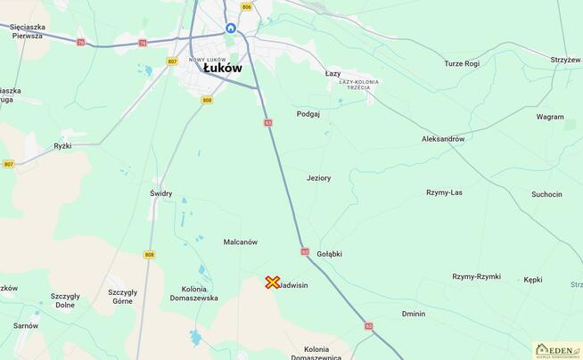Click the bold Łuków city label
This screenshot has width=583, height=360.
point(222,68)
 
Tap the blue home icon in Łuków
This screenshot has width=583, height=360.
point(231,29)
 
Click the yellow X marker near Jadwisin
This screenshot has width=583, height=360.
point(273,282)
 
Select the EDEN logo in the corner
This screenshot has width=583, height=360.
point(557,350)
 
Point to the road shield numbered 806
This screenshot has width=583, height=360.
point(246,7)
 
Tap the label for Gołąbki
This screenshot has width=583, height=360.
point(329,254)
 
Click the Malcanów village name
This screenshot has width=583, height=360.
point(240,242)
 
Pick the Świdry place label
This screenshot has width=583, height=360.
point(160,193)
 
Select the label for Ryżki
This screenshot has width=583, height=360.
point(62,145)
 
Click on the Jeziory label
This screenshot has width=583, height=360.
point(318,178)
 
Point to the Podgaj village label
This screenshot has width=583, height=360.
point(308,114)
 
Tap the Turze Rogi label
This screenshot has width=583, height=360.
point(462,63)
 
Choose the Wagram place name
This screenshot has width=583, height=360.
point(550,117)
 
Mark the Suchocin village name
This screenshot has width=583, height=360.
point(546,194)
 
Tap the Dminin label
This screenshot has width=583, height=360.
point(414,314)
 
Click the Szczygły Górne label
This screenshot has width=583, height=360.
point(122,297)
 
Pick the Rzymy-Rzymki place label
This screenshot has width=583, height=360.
point(476,277)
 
